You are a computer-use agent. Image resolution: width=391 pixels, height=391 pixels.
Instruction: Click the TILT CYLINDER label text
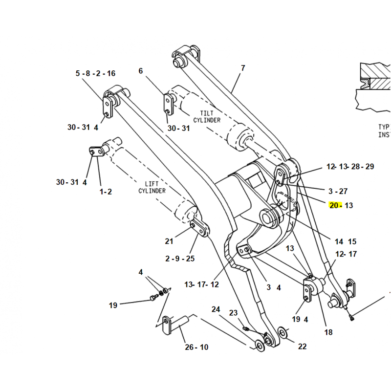[206, 116]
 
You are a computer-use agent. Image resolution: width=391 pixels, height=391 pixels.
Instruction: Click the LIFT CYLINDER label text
[152, 187]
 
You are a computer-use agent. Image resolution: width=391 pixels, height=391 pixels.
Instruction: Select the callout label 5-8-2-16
[95, 73]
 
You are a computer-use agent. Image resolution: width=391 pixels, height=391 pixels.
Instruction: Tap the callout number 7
[243, 68]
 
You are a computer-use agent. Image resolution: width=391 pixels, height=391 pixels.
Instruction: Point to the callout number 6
[141, 71]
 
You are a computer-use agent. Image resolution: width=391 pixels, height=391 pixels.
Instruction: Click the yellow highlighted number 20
[335, 205]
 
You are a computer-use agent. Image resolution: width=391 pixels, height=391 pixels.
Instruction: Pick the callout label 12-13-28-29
[350, 167]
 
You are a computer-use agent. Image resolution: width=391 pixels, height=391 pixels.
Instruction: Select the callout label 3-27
[338, 191]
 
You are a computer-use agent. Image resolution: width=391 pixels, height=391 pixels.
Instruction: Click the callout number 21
[169, 241]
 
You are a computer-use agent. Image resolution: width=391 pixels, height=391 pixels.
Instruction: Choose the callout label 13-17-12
[201, 284]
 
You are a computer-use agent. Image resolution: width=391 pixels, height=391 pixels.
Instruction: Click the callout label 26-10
[196, 347]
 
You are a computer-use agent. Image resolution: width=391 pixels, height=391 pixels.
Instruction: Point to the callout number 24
[216, 309]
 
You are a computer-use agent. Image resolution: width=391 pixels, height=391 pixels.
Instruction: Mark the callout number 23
[233, 313]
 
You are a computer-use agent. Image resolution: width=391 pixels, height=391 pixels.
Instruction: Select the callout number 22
[302, 347]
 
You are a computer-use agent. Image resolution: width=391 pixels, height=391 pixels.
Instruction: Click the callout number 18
[328, 332]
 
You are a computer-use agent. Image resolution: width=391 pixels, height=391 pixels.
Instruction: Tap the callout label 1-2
[106, 192]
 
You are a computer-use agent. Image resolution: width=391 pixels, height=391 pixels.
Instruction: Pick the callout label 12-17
[347, 254]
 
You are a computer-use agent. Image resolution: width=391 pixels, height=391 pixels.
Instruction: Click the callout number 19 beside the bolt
[113, 305]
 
